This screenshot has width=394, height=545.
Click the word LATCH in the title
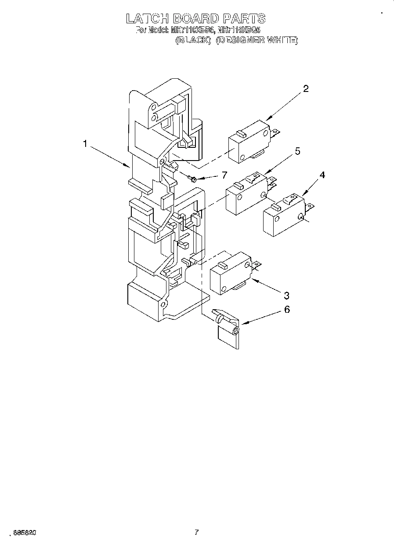(146, 18)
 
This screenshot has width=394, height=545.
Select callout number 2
(306, 89)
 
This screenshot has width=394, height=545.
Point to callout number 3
(286, 295)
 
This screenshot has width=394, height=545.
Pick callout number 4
(322, 175)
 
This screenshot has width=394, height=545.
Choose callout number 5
(297, 152)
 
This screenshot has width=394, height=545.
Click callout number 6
(286, 310)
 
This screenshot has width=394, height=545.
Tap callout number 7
(224, 175)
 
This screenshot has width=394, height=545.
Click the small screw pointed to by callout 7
(192, 178)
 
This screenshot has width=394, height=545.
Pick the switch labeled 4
(283, 215)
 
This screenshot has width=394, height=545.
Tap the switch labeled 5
(245, 194)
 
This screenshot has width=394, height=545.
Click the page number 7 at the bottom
(197, 532)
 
